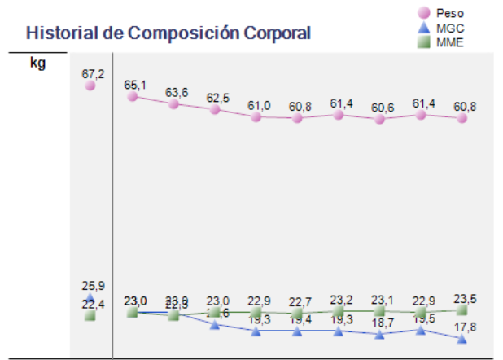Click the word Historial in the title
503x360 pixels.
coord(55,33)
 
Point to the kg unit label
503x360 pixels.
coord(37,63)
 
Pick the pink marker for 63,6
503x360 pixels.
coord(173,103)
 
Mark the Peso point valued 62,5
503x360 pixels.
coord(215,109)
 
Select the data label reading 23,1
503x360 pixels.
coord(380,299)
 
